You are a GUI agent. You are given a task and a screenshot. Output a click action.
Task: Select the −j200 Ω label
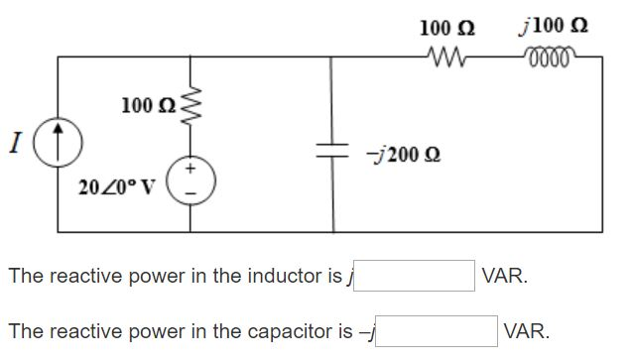click(x=402, y=155)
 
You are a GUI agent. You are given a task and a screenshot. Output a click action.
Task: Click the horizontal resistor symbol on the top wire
click(x=441, y=57)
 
